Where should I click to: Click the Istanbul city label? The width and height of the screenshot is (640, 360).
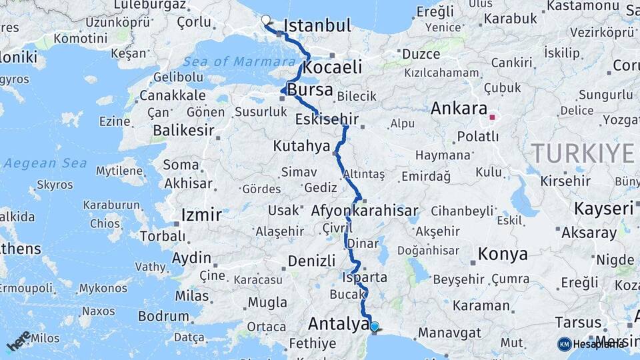point(317,26)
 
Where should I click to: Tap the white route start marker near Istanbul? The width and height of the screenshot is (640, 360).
point(266,20)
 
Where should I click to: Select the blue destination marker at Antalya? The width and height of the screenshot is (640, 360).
point(375,327)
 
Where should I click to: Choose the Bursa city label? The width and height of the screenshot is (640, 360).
point(312,89)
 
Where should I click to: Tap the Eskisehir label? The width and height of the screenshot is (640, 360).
point(327,121)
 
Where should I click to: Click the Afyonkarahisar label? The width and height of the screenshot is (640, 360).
point(364,211)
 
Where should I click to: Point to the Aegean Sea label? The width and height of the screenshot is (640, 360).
point(45,163)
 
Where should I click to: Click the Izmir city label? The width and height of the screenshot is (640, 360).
point(201,215)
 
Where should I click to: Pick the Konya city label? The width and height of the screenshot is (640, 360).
point(503,254)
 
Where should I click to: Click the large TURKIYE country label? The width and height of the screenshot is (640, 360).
point(583,153)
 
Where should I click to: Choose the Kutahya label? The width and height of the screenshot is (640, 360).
point(301,145)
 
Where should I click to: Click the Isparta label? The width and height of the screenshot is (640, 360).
point(364,277)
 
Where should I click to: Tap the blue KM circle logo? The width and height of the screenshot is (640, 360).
point(564,344)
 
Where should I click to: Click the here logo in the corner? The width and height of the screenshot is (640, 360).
point(19,341)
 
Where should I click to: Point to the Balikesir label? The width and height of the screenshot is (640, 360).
point(182,131)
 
